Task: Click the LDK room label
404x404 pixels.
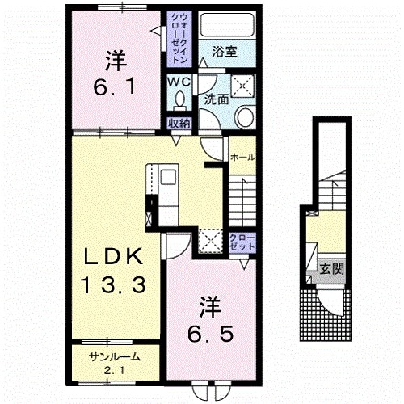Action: [x=113, y=256]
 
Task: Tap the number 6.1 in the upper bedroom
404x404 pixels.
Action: [x=115, y=86]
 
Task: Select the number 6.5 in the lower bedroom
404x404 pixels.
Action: [x=210, y=334]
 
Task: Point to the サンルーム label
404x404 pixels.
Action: [x=115, y=357]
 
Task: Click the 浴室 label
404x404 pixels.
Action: [x=225, y=52]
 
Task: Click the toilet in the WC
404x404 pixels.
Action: [x=179, y=101]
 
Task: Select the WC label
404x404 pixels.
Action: [x=179, y=82]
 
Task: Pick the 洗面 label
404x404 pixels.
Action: [x=216, y=99]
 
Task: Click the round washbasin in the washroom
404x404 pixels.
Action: [x=245, y=117]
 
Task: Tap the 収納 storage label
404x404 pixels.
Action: [x=179, y=124]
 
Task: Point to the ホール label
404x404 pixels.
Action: [x=242, y=157]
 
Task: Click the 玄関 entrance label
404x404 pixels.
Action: [x=332, y=269]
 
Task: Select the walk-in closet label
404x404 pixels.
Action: [x=179, y=39]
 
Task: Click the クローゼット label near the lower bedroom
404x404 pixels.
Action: [x=242, y=242]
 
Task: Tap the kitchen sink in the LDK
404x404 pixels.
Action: [x=168, y=177]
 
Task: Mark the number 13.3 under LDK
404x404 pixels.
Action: [x=113, y=285]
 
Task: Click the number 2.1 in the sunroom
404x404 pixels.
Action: [x=114, y=371]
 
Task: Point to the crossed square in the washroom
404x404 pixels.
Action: [x=243, y=85]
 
